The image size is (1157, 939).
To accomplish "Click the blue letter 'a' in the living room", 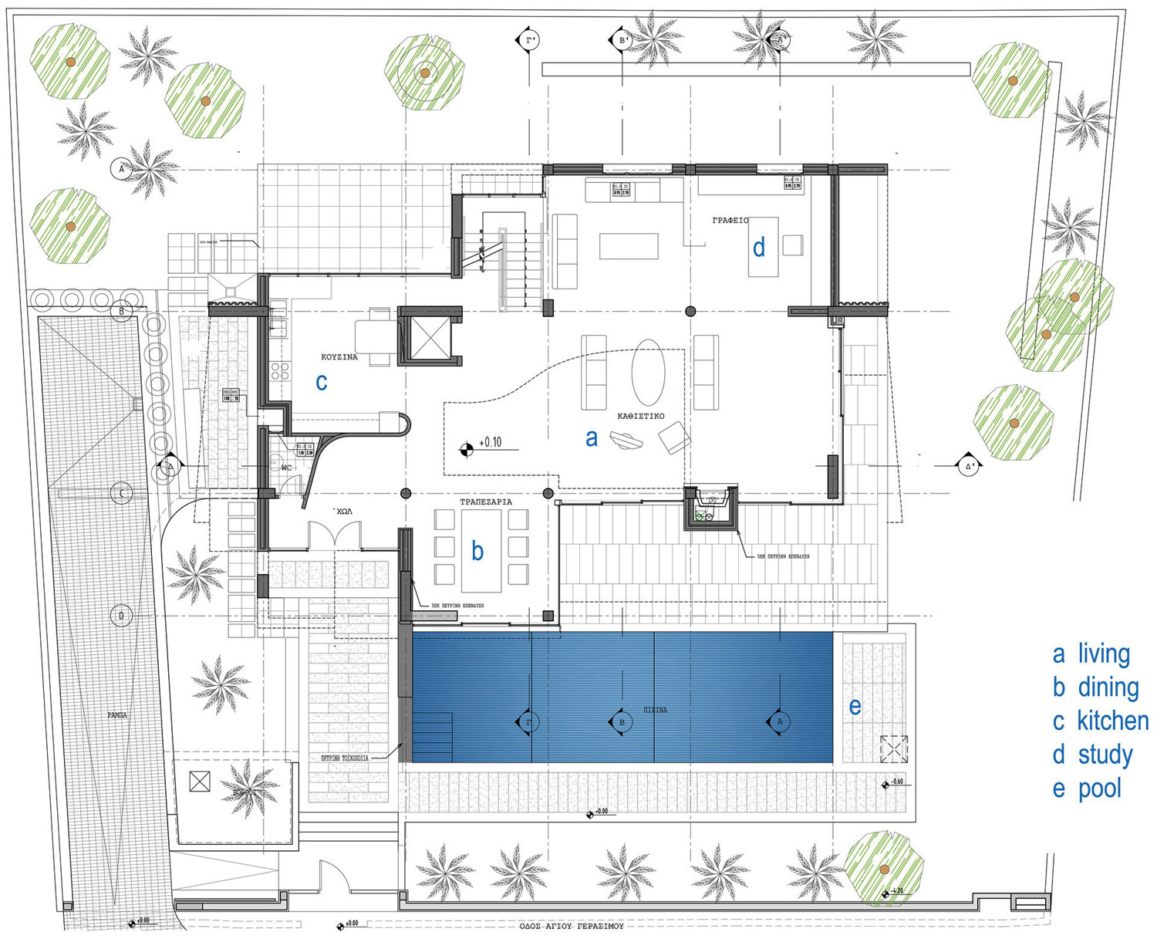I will tap(592, 438).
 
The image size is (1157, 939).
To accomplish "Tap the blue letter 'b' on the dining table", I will tap(477, 550).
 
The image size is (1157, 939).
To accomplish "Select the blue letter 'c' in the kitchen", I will tap(322, 381).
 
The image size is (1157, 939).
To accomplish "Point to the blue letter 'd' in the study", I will tap(759, 247).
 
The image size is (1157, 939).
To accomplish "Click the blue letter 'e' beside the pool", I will tap(855, 706).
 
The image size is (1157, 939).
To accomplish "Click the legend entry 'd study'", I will tap(1093, 755).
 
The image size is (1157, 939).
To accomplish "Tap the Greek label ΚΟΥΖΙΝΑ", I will tap(339, 357).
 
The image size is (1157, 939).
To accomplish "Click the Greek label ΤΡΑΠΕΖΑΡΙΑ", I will tap(486, 502).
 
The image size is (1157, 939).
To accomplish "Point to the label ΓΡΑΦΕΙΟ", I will tap(730, 221).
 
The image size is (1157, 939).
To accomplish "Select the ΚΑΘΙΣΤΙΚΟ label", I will tap(640, 416).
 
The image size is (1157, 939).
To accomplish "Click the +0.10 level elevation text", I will tap(491, 443).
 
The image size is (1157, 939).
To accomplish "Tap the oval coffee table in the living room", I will tap(648, 372).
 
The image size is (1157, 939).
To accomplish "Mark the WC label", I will tap(286, 468).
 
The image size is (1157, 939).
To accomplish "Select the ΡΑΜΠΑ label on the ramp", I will tap(117, 715).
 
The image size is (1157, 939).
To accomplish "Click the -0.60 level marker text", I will tap(897, 782).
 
